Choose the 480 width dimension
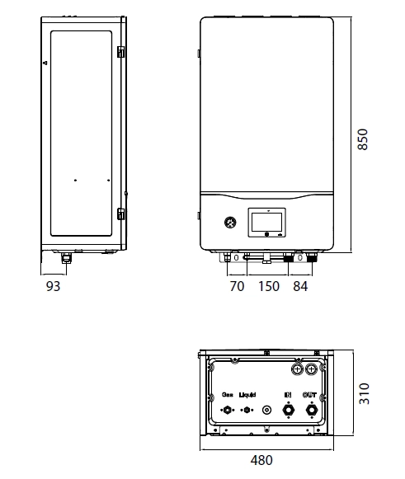tap(261, 461)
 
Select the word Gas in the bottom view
tap(226, 395)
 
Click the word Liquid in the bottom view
tap(247, 395)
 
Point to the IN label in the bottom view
tap(289, 395)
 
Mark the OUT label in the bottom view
tap(310, 395)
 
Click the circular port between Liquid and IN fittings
tap(266, 409)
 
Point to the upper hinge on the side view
tap(120, 51)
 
